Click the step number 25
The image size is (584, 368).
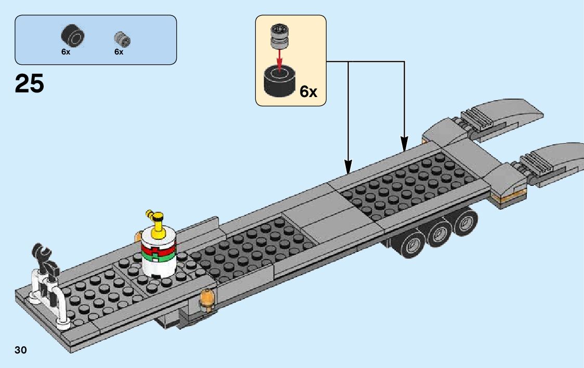point(30,83)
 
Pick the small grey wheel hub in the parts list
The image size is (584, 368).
point(122,38)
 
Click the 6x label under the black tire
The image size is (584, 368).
point(66,52)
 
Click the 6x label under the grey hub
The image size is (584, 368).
point(119,52)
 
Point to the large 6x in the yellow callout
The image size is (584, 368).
point(308,91)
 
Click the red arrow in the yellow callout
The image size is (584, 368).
point(280,59)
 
